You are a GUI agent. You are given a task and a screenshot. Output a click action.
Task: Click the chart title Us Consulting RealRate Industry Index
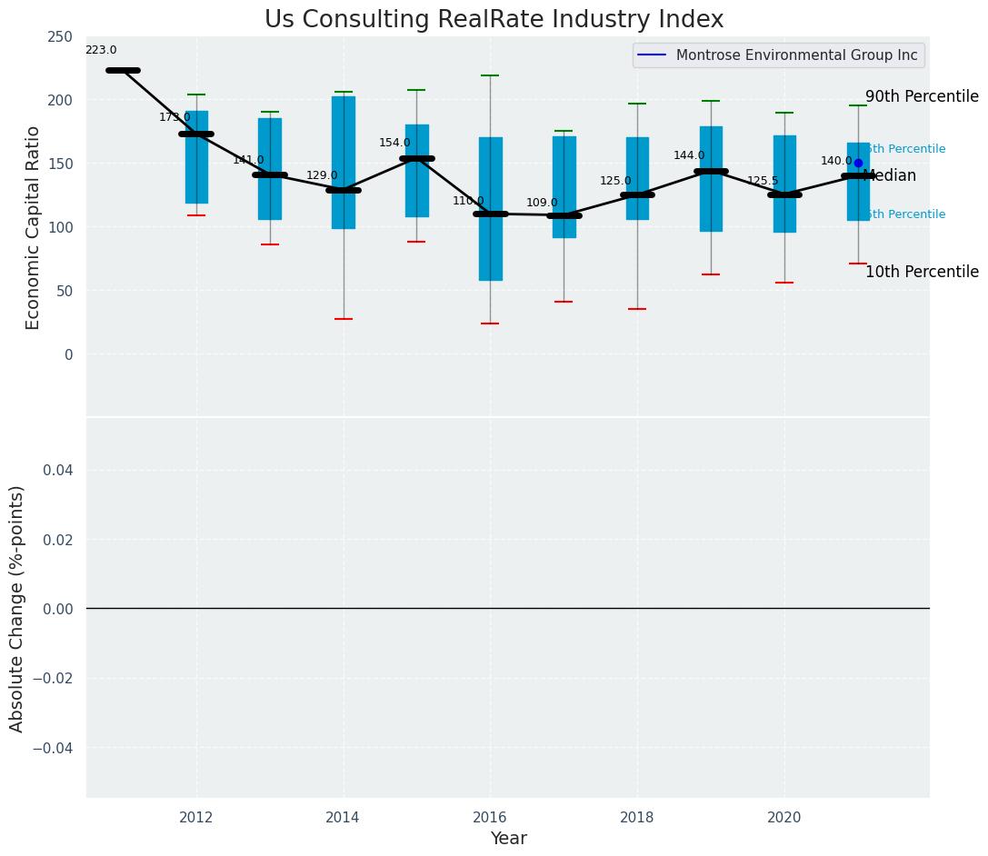point(494,20)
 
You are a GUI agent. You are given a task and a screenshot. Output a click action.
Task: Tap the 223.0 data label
point(101,51)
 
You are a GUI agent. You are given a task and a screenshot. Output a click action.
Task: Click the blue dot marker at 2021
point(858,164)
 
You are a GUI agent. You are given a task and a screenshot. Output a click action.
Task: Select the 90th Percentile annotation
point(922,97)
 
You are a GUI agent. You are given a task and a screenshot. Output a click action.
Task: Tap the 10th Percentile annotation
point(922,273)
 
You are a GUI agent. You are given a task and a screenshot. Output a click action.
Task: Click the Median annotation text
point(890,176)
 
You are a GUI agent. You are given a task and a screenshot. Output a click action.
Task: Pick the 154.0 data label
point(394,144)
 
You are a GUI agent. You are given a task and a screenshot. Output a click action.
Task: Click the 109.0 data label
point(542,204)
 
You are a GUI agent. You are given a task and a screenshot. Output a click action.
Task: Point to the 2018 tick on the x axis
point(637,818)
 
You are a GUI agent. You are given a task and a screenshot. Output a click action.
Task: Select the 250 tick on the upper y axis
point(61,36)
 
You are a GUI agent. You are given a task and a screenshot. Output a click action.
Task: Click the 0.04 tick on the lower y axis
point(55,470)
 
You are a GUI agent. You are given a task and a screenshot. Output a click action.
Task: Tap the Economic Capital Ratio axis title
point(34,227)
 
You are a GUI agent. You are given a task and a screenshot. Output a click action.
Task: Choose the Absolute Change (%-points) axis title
point(17,608)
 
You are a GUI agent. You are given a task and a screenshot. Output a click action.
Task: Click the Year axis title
point(508,839)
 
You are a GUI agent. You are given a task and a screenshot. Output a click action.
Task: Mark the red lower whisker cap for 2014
point(344,319)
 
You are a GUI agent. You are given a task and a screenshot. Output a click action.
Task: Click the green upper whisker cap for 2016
point(491,75)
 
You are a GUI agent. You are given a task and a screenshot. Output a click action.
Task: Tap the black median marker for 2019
point(711,171)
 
